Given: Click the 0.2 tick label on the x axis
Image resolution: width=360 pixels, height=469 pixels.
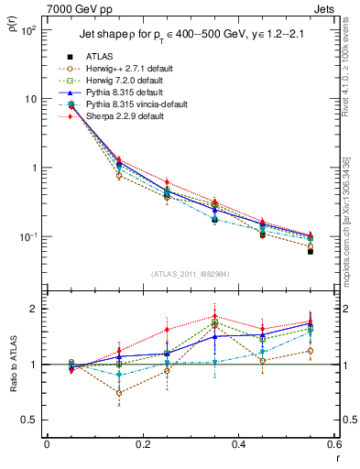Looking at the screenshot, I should click(142, 445).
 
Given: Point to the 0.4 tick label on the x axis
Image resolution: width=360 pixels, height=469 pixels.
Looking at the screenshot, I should click(238, 445).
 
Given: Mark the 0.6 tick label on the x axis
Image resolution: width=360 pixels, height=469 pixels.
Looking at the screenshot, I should click(333, 445).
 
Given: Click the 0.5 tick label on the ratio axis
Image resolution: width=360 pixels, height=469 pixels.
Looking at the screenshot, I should click(32, 420).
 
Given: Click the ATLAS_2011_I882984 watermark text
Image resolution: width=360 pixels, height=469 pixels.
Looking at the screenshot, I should click(190, 274).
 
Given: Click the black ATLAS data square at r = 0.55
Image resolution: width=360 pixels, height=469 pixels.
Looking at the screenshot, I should click(311, 250).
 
